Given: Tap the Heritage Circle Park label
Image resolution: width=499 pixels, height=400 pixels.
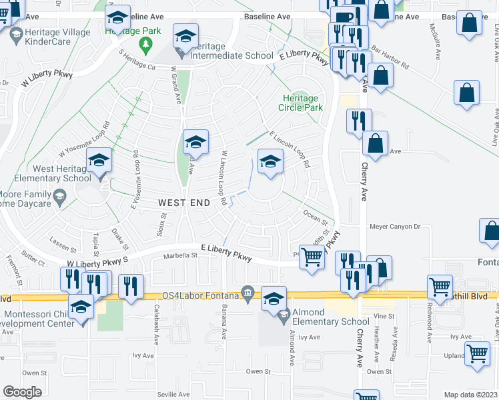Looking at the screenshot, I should click(300, 103).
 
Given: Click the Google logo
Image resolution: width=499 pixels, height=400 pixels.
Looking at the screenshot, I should click(22, 391).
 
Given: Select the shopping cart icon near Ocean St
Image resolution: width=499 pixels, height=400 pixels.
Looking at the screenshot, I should click(312, 257).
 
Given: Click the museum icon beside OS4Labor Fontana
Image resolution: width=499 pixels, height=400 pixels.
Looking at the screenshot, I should click(248, 292).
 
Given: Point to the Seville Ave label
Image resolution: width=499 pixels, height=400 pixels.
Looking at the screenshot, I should click(174, 394).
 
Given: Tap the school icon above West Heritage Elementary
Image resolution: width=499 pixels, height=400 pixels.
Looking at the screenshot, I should click(99, 161).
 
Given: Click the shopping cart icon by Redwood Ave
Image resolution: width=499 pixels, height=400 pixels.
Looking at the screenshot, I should click(440, 287).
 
